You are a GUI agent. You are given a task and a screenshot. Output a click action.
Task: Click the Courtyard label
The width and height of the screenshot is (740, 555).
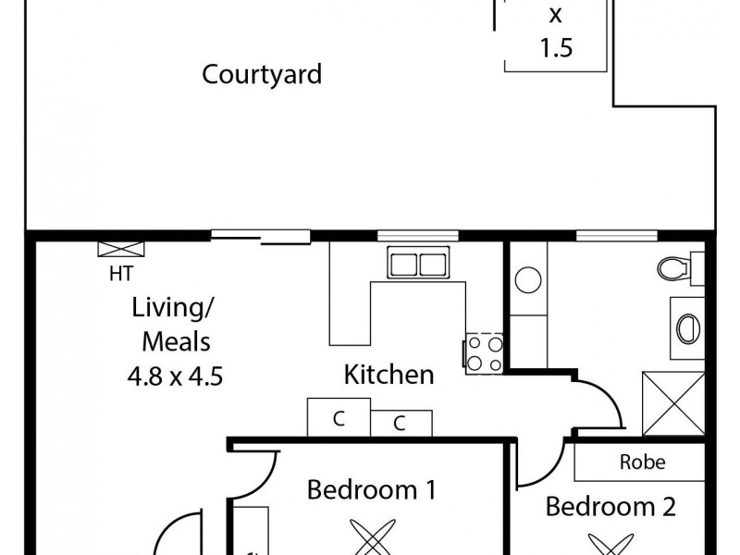[x=262, y=74]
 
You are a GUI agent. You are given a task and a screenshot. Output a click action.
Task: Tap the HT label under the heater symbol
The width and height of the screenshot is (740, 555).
[x=120, y=273]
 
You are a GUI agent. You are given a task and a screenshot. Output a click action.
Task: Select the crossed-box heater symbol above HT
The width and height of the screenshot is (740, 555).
[x=121, y=249]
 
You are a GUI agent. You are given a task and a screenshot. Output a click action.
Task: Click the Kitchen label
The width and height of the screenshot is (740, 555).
[x=388, y=375]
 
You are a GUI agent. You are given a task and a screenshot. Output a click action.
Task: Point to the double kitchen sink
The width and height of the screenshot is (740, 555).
[x=418, y=265]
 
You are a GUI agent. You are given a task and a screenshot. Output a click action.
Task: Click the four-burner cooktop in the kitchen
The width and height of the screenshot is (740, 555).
[x=484, y=351]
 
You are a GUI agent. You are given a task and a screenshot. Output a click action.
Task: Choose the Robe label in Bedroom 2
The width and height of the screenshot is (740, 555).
[x=642, y=462]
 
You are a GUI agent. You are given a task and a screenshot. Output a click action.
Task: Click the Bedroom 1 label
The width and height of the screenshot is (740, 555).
[x=371, y=489]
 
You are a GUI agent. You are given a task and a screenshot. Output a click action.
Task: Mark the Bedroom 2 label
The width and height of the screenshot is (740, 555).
[x=610, y=507]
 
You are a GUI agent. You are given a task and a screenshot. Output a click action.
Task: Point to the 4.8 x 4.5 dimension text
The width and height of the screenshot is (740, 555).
[x=176, y=376]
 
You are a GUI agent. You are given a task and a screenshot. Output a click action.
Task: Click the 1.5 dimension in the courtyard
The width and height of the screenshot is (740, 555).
[x=555, y=48]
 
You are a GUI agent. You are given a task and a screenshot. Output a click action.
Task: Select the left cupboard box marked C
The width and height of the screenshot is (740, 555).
[x=339, y=417]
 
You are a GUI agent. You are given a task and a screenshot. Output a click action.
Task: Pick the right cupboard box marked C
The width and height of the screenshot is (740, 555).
[x=400, y=424]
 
